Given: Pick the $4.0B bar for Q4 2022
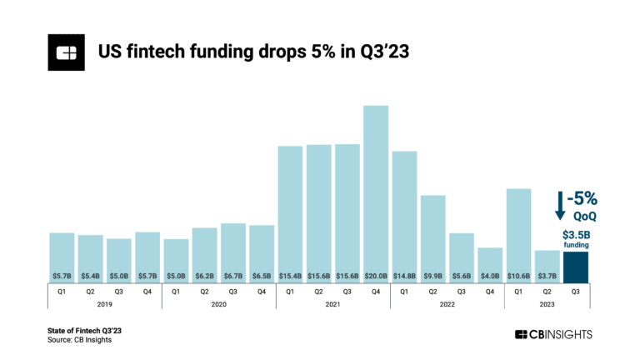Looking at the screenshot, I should click(490, 264).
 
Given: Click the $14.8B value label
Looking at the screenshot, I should click(404, 275).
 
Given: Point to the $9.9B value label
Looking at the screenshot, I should click(432, 275).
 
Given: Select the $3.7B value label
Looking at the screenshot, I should click(547, 275).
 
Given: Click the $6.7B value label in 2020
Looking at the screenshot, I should click(232, 275).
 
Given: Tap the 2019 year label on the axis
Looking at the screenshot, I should click(104, 304).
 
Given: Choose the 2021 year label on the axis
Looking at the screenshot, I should click(332, 304).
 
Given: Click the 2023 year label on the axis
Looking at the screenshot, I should click(547, 304).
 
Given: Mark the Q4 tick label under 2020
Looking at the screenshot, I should click(262, 292).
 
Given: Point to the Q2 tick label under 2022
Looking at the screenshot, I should click(432, 292).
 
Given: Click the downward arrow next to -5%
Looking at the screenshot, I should click(559, 205).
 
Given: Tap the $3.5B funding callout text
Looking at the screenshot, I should click(576, 237).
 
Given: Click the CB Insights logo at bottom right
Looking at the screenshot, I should click(552, 334).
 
